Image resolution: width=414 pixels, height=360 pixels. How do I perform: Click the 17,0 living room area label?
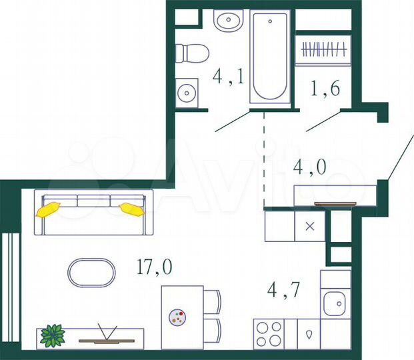155,267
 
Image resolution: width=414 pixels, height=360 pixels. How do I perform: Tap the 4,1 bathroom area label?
228,77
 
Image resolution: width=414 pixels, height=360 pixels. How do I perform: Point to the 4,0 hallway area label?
311,167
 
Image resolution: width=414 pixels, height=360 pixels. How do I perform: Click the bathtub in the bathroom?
270,59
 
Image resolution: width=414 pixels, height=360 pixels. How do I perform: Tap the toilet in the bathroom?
192,53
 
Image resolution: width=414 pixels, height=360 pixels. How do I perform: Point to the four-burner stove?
268,334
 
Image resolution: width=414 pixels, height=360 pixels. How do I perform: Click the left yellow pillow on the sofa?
49,209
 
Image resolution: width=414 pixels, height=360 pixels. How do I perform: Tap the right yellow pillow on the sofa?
131,209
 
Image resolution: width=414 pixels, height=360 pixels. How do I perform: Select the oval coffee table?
91,271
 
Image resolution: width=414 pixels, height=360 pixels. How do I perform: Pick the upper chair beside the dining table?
212,301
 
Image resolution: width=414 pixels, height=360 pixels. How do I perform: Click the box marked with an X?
309,226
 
